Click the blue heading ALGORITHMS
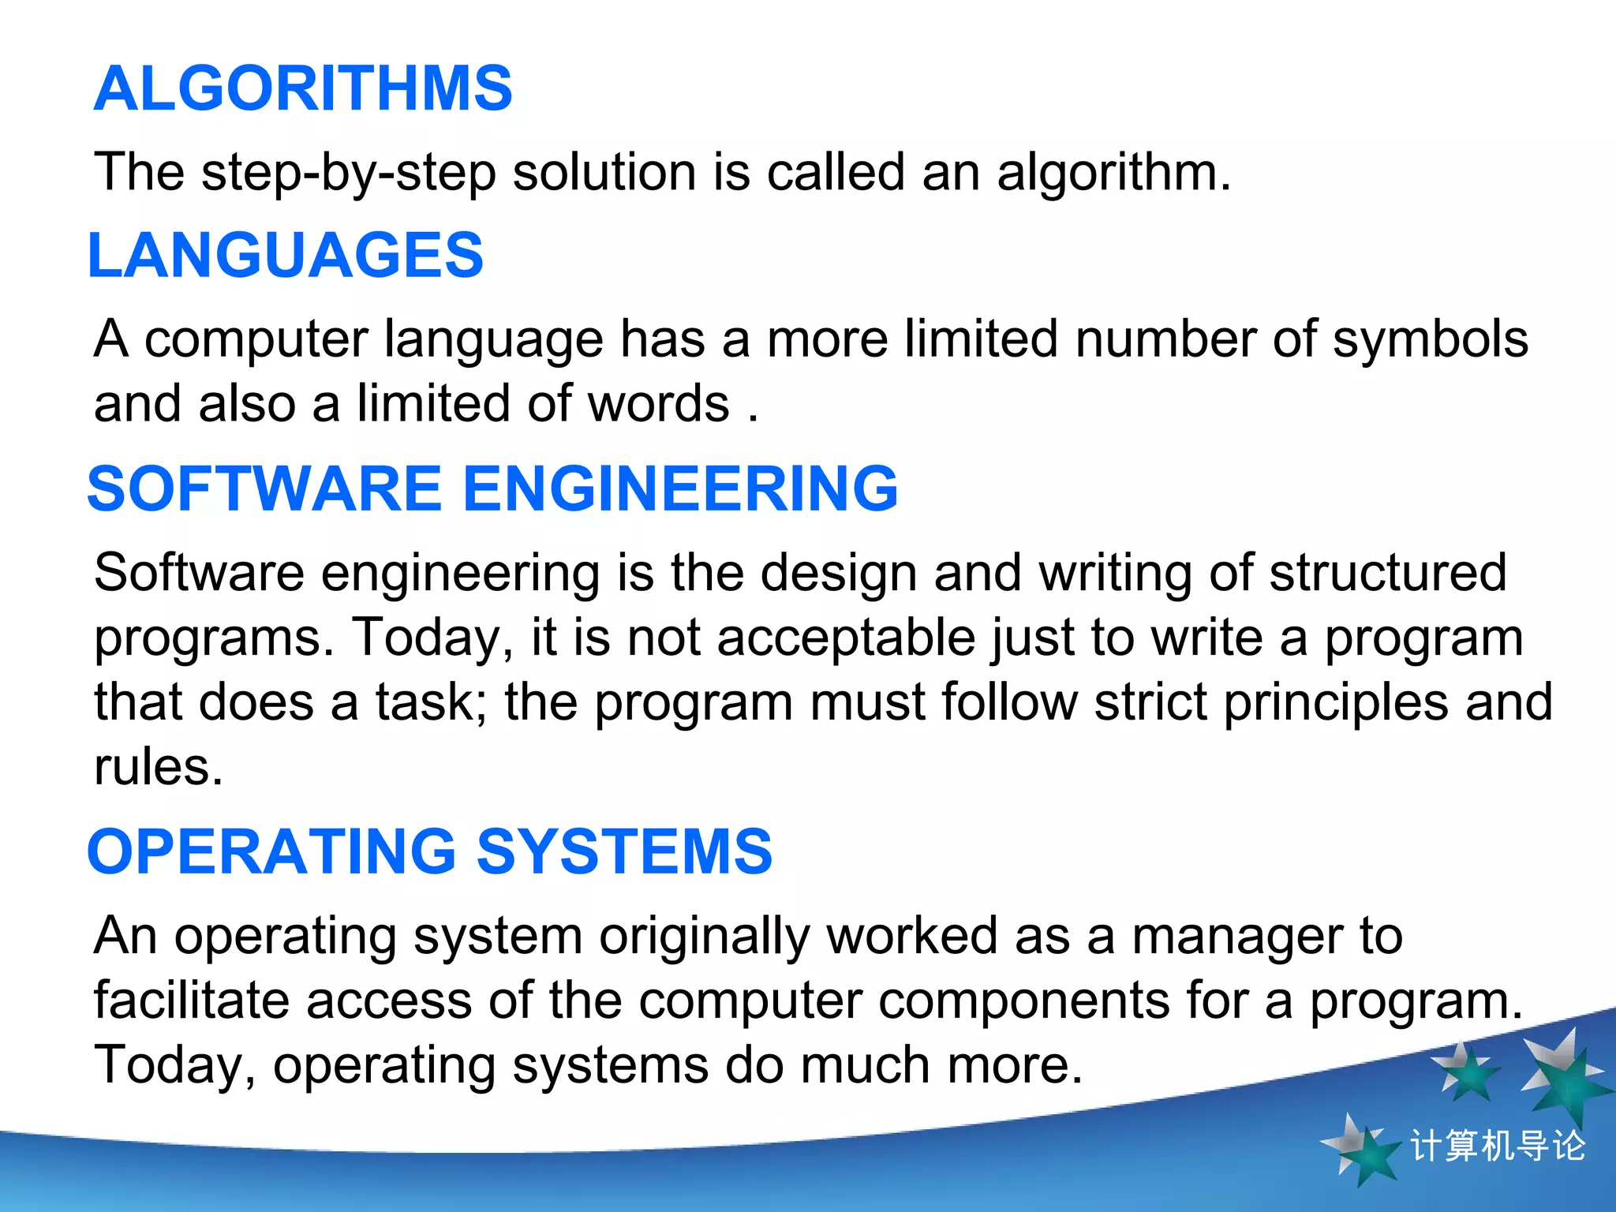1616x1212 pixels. pos(303,88)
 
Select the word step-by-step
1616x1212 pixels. pos(349,172)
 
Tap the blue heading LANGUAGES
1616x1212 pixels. pos(285,256)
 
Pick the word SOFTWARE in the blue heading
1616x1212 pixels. pos(264,489)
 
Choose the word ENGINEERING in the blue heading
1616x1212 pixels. pos(680,489)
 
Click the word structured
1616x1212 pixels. pos(1388,572)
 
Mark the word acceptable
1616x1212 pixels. pos(846,638)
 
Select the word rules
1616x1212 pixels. pos(158,767)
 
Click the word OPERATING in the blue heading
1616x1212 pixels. pos(271,852)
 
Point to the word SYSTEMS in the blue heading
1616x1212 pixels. pos(624,852)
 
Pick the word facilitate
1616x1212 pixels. pos(191,1001)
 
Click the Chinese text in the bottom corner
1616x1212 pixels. pos(1497,1146)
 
